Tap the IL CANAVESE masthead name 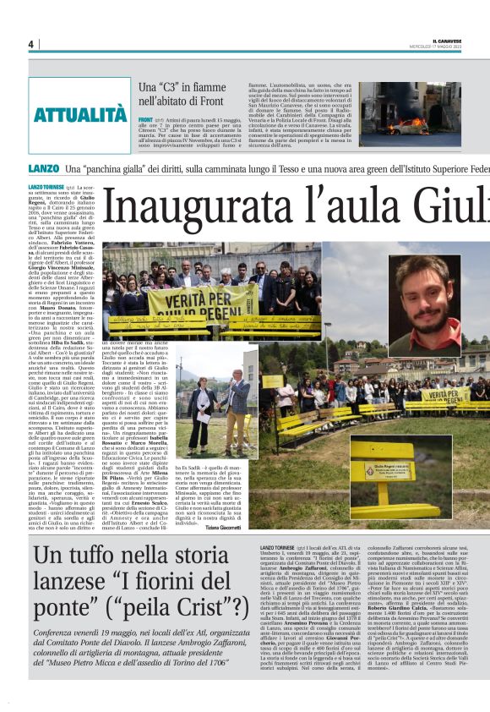(449, 41)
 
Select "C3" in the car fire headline (175, 88)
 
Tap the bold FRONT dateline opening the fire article (145, 122)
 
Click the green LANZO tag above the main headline (43, 169)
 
